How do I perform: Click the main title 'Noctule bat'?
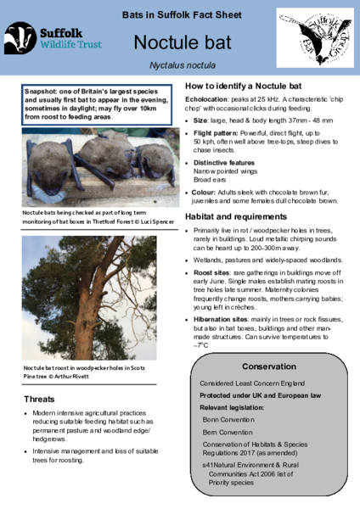tap(180, 42)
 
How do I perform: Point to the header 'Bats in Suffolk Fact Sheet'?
tap(179, 16)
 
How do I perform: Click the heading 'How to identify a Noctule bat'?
tap(243, 87)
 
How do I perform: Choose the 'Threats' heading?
tap(40, 399)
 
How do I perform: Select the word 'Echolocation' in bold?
tap(209, 103)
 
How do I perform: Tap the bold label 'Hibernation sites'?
tap(223, 319)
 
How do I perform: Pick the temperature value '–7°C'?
tap(201, 346)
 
